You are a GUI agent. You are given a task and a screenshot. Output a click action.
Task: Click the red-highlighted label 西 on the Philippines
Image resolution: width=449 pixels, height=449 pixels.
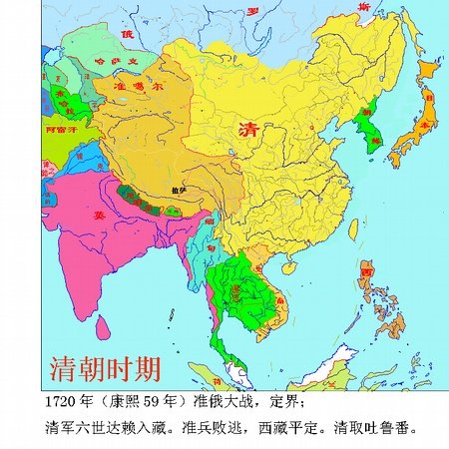[367, 271]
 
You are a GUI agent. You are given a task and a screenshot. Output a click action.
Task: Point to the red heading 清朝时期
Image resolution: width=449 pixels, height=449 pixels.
[105, 369]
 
